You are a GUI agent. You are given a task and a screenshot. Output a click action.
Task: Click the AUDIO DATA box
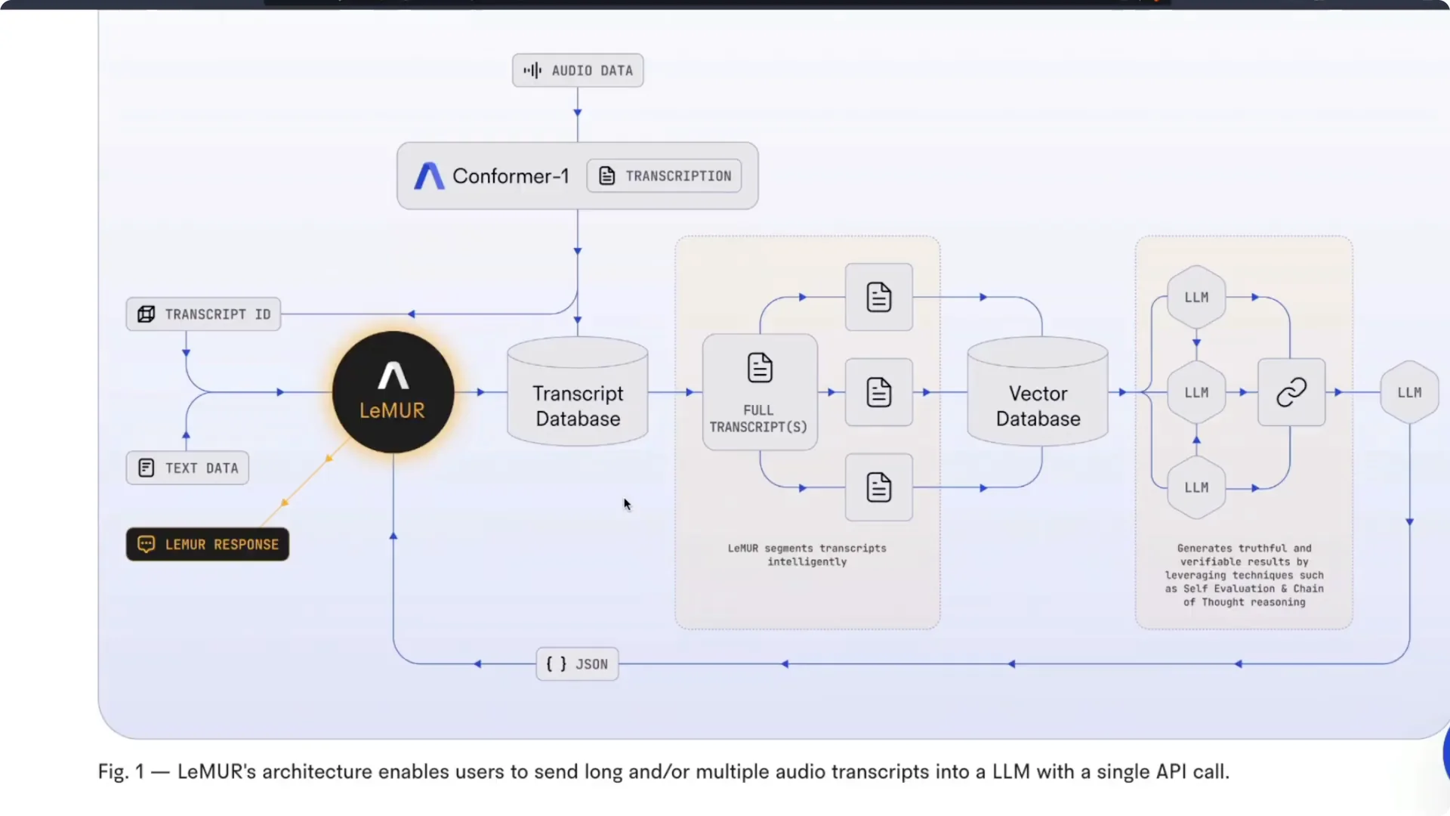(578, 70)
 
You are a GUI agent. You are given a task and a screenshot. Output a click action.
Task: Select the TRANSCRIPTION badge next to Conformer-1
(664, 176)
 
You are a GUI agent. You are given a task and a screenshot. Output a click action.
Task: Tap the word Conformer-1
(511, 176)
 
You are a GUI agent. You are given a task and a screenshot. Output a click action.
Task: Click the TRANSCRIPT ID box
(203, 314)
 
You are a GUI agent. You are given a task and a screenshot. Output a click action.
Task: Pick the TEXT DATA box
(187, 468)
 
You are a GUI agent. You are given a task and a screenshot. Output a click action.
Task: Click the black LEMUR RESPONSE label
(208, 544)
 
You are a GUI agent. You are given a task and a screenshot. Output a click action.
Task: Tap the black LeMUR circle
(393, 392)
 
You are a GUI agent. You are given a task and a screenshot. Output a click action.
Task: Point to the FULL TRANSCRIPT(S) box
(760, 392)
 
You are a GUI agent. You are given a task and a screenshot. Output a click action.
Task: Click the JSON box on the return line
(577, 664)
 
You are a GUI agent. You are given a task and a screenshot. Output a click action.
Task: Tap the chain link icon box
(1291, 392)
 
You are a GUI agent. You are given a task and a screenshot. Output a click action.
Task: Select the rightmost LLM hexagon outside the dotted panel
(1409, 392)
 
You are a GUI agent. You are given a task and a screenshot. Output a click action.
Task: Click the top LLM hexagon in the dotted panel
(1196, 297)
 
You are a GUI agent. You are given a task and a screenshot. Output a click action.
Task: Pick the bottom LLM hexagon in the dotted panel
(1196, 487)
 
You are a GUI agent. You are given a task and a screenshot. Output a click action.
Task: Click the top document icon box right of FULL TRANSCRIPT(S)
(879, 297)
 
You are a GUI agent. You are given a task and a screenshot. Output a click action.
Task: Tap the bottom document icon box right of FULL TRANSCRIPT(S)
(879, 487)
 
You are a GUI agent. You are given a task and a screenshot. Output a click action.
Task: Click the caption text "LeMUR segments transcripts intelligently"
(807, 555)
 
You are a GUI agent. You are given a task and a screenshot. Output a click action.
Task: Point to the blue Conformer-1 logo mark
(429, 176)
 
